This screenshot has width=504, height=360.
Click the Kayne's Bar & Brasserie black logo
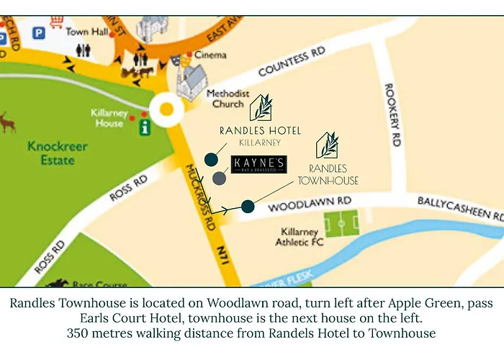pos(259,165)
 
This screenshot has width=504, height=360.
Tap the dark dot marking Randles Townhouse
pos(248,207)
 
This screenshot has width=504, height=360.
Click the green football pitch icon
pos(342,224)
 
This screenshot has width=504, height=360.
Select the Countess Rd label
pos(292,62)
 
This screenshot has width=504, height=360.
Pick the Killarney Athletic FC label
pos(302,238)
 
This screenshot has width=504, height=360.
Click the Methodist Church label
pos(228,99)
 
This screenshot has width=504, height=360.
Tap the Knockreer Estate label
pos(58,153)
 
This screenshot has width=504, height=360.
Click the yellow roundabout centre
pos(167,110)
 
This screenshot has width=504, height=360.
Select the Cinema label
pos(210,55)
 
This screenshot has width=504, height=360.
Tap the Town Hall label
pos(88,32)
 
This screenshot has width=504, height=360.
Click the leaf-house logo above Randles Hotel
pos(260,107)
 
